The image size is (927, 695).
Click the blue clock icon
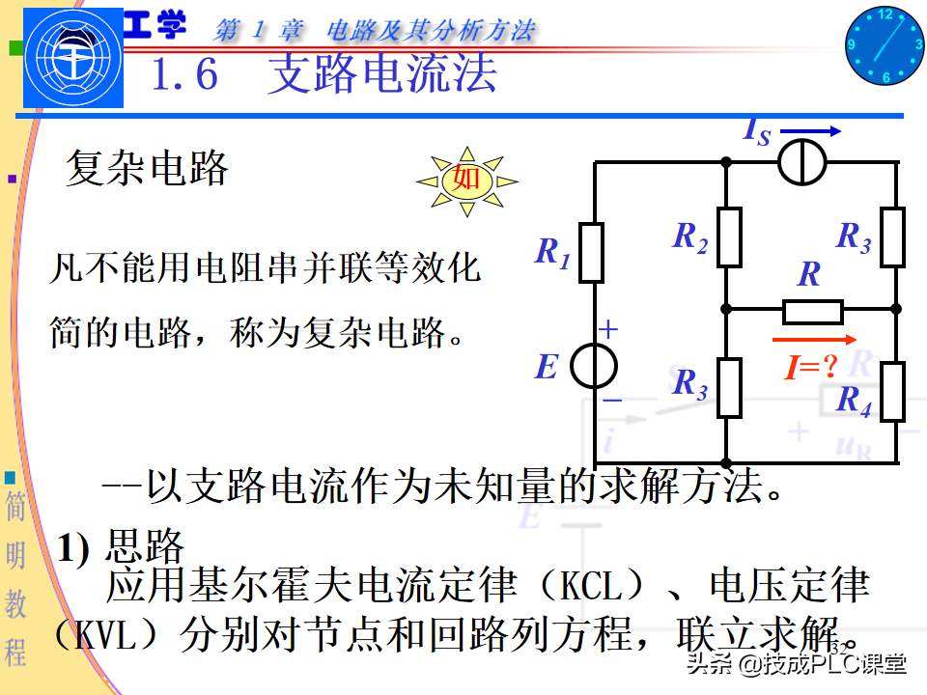click(885, 45)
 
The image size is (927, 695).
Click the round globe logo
click(73, 61)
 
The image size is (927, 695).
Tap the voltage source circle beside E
click(593, 367)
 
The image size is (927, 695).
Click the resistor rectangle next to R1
click(592, 253)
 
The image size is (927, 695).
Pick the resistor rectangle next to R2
click(729, 237)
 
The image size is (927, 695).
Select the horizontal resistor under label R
click(813, 312)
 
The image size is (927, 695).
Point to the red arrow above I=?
click(814, 340)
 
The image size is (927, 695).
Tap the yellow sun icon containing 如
click(466, 180)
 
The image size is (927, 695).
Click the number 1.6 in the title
click(185, 74)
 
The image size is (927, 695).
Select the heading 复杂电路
click(147, 170)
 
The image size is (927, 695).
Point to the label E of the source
click(547, 367)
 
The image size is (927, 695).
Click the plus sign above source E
click(608, 330)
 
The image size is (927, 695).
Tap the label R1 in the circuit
click(552, 253)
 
